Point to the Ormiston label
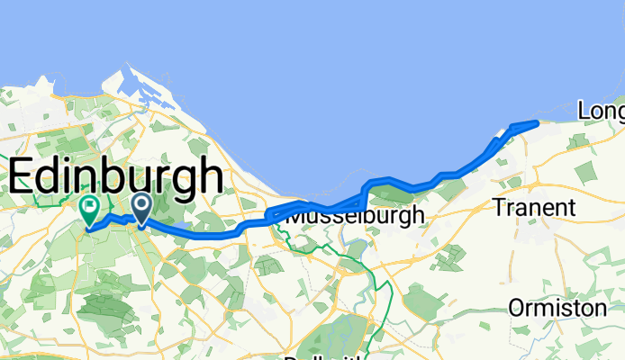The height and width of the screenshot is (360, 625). point(557,308)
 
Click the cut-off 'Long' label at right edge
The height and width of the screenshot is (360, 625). point(601,111)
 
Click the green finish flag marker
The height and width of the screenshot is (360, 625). point(90,209)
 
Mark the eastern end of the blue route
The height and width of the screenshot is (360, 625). point(537,121)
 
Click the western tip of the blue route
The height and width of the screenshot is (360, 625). point(87,229)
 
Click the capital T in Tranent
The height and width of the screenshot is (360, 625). point(499,208)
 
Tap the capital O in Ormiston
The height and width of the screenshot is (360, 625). point(515,308)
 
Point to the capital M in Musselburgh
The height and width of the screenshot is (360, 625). point(295,216)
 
